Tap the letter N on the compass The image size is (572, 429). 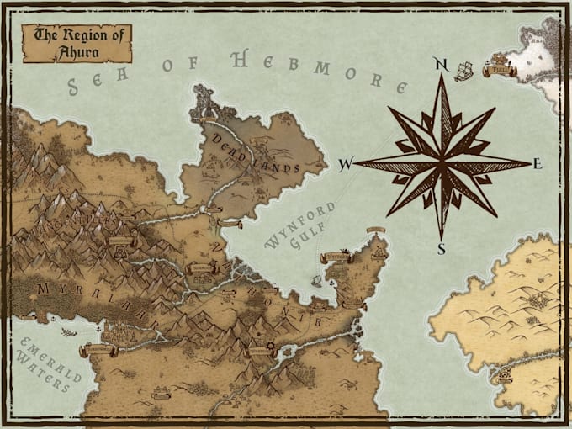(x=438, y=63)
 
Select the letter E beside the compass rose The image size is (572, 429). (x=538, y=164)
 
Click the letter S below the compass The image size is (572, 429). (x=441, y=248)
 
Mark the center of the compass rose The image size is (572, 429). (x=441, y=162)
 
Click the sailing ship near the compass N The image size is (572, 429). (x=463, y=71)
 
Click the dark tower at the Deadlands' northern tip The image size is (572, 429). (x=208, y=104)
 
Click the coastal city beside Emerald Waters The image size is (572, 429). (x=118, y=336)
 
